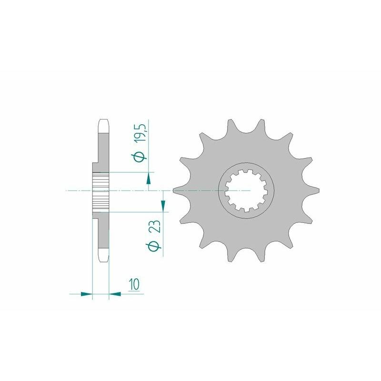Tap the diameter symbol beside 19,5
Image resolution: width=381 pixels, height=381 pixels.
pyautogui.click(x=140, y=157)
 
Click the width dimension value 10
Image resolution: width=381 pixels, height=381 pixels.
pyautogui.click(x=133, y=285)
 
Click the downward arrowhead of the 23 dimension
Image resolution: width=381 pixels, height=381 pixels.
pyautogui.click(x=163, y=205)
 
